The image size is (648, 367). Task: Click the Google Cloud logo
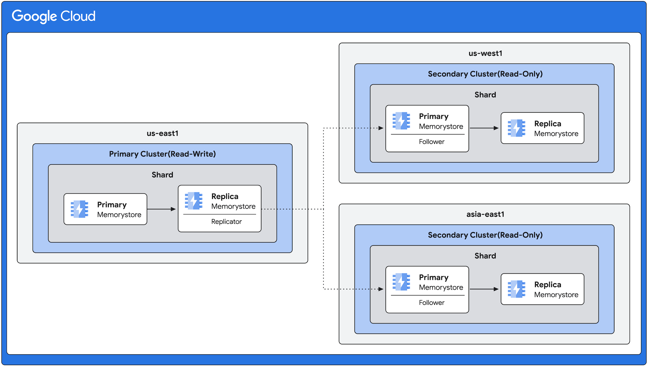pos(54,16)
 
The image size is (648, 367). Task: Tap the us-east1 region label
pos(162,133)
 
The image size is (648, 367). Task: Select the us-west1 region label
pos(485,53)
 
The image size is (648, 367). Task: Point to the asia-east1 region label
pos(485,214)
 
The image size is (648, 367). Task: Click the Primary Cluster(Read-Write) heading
pos(162,154)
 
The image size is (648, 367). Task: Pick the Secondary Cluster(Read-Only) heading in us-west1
pos(485,74)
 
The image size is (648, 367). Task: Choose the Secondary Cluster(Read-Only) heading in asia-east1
pos(485,235)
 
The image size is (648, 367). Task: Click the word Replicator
pos(226,222)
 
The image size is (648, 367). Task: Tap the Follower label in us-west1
pos(432,142)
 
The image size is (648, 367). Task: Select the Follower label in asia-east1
pos(432,303)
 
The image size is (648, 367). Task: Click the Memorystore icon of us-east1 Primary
pos(79,209)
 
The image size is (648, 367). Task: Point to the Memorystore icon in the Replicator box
pos(194,201)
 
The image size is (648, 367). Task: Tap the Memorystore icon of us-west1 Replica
pos(517,128)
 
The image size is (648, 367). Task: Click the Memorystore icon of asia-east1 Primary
pos(401,282)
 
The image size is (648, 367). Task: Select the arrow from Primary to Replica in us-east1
pos(162,209)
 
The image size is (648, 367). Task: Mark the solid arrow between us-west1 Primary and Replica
pos(484,128)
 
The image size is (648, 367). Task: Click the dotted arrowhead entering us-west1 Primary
pos(381,128)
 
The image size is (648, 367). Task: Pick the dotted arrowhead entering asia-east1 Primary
pos(381,289)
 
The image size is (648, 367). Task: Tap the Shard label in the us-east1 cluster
pos(162,175)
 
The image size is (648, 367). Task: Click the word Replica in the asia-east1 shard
pos(547,285)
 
